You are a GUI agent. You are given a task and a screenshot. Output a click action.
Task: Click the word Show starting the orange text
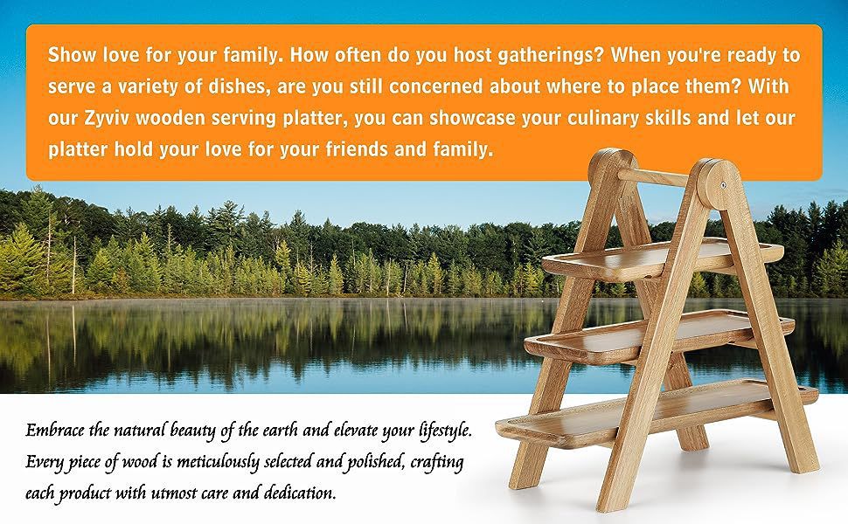pyautogui.click(x=70, y=55)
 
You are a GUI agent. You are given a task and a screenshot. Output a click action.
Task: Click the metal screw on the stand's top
pyautogui.click(x=723, y=186)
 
